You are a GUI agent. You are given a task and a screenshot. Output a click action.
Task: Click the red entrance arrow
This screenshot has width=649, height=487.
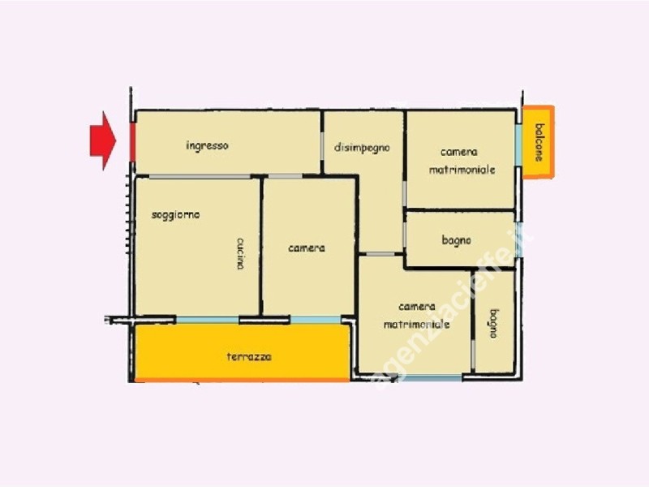click(x=103, y=140)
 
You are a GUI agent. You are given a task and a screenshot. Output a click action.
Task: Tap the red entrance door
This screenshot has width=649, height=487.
click(x=132, y=142)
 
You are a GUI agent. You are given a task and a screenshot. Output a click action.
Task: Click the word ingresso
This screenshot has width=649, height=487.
click(x=207, y=146)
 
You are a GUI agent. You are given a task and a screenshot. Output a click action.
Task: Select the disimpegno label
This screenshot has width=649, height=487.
click(x=362, y=148)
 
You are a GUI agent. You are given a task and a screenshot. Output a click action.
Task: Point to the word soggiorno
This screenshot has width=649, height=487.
click(x=176, y=215)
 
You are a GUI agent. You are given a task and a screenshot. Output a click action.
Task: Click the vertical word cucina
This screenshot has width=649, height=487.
click(x=240, y=253)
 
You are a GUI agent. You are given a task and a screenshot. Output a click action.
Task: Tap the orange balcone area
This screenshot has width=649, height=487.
click(x=538, y=142)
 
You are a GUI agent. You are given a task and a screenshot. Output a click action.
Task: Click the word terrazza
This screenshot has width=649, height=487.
click(x=249, y=356)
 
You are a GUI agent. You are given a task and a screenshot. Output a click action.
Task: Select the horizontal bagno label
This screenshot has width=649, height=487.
click(x=456, y=240)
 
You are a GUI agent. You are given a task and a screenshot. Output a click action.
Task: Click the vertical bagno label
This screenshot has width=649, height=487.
click(x=494, y=323)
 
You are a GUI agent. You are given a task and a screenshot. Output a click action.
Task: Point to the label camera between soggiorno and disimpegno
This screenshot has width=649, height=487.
click(x=307, y=248)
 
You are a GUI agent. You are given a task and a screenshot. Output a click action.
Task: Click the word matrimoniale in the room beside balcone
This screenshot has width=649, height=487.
click(x=462, y=170)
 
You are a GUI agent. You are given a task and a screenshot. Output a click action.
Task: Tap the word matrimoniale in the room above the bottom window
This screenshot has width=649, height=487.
click(x=416, y=324)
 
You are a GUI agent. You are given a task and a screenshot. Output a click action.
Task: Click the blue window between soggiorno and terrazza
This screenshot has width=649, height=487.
click(x=208, y=320)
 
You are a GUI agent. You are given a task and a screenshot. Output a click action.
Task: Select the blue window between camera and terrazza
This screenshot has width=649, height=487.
click(x=316, y=320)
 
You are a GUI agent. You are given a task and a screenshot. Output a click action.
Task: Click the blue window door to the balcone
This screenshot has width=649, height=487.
click(x=518, y=145)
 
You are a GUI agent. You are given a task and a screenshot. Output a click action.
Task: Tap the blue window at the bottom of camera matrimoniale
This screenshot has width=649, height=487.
click(x=431, y=377)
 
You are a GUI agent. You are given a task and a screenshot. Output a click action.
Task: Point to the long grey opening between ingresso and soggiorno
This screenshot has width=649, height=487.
click(x=200, y=177)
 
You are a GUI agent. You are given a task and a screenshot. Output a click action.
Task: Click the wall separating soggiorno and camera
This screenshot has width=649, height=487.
click(x=261, y=247)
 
